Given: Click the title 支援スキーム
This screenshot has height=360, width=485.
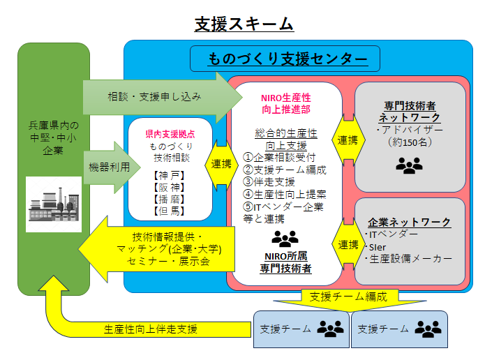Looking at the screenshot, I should click(x=244, y=24).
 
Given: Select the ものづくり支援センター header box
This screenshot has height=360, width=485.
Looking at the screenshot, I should click(x=284, y=58).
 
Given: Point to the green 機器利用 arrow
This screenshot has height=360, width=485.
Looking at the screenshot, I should click(x=111, y=167).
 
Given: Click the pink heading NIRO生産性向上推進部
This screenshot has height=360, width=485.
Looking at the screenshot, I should click(x=285, y=103).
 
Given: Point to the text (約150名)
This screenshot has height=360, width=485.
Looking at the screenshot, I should click(x=409, y=142).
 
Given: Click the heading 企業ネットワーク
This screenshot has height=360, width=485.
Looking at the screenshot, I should click(x=409, y=222).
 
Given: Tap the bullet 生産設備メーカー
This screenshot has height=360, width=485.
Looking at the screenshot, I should click(x=410, y=258).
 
